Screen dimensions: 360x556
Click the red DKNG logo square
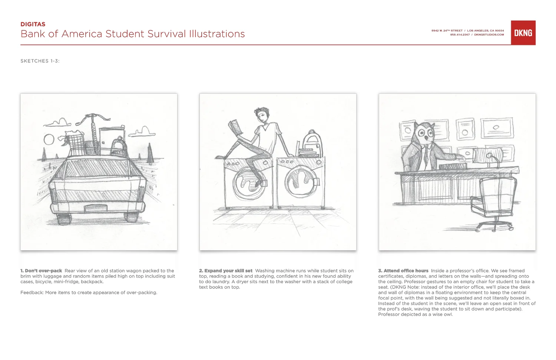pos(523,33)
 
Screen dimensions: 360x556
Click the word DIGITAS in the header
pos(33,24)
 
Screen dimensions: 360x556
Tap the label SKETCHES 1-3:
pos(40,61)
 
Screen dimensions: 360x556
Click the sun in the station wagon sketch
pos(49,139)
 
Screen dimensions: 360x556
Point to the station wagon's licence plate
pos(96,208)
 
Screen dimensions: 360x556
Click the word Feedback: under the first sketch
pos(32,293)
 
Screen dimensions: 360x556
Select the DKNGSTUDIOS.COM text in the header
pos(489,35)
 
